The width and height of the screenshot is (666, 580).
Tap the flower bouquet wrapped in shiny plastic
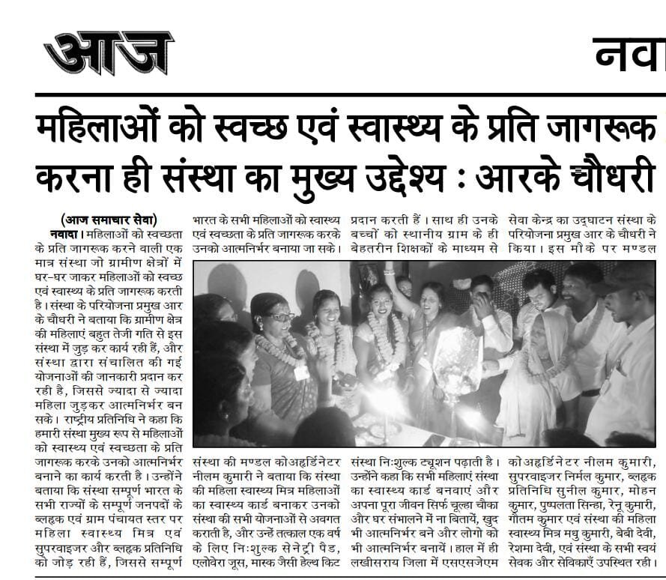tap(455, 358)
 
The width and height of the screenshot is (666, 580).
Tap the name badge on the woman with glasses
tap(301, 372)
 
